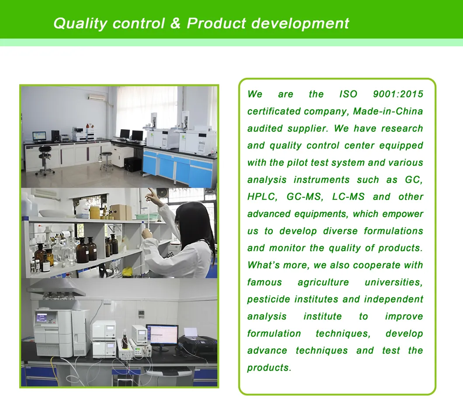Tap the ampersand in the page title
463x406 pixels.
175,23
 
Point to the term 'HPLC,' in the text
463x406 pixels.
262,197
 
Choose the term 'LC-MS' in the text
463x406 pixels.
348,197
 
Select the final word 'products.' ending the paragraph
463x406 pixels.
269,368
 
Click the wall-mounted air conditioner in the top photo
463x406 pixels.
97,97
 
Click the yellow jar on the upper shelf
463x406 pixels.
94,213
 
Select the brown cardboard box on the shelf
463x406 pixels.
121,212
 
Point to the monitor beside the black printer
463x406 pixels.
162,335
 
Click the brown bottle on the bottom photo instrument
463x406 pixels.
125,340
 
